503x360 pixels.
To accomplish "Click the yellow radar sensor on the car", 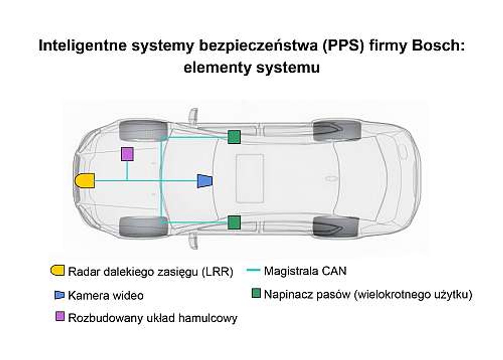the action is [85, 181].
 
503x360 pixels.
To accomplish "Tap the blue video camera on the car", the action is [205, 181].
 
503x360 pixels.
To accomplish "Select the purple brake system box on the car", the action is [127, 154].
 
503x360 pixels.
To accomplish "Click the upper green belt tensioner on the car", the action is [234, 137].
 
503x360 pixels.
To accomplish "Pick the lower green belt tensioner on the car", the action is [234, 222].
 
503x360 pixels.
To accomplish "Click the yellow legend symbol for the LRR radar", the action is [57, 270].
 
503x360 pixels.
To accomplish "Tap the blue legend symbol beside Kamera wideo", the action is [60, 295].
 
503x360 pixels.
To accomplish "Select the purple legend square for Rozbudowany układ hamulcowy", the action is [60, 316].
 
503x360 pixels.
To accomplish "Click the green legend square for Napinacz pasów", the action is [256, 293].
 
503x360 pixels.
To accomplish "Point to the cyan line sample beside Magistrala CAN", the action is [253, 270].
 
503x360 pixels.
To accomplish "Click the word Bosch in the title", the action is [438, 46].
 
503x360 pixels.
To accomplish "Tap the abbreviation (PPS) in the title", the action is [343, 46].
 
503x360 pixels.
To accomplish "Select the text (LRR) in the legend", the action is [217, 272].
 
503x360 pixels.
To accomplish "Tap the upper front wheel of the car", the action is [143, 130].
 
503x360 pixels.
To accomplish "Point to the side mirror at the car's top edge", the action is [193, 116].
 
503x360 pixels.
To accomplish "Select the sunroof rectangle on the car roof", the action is [250, 178].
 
